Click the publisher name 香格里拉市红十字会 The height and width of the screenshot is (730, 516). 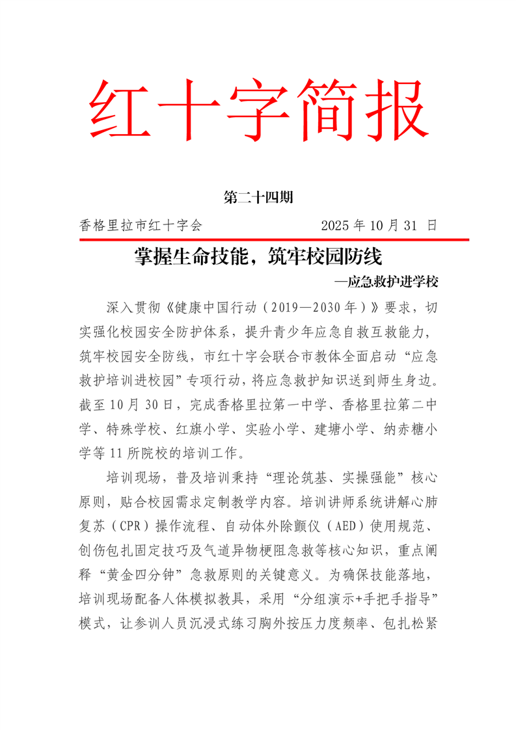(141, 226)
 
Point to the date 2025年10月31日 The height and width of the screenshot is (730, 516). (378, 226)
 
